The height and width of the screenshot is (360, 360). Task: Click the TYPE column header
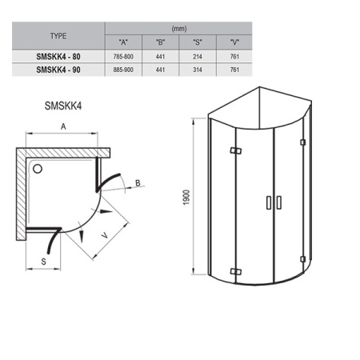tap(58, 36)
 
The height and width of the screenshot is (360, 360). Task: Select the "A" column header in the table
tap(123, 42)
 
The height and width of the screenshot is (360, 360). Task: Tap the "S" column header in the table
tap(198, 42)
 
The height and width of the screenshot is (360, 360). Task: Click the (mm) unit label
tap(179, 29)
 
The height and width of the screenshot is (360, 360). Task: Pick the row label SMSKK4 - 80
tap(58, 57)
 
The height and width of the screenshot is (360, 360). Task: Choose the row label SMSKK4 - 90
tap(58, 70)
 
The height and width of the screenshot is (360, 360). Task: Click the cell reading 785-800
tap(123, 57)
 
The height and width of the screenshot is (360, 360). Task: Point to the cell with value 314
tap(198, 70)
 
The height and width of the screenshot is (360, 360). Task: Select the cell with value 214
tap(198, 57)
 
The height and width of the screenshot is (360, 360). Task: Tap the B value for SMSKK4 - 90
tap(160, 70)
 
